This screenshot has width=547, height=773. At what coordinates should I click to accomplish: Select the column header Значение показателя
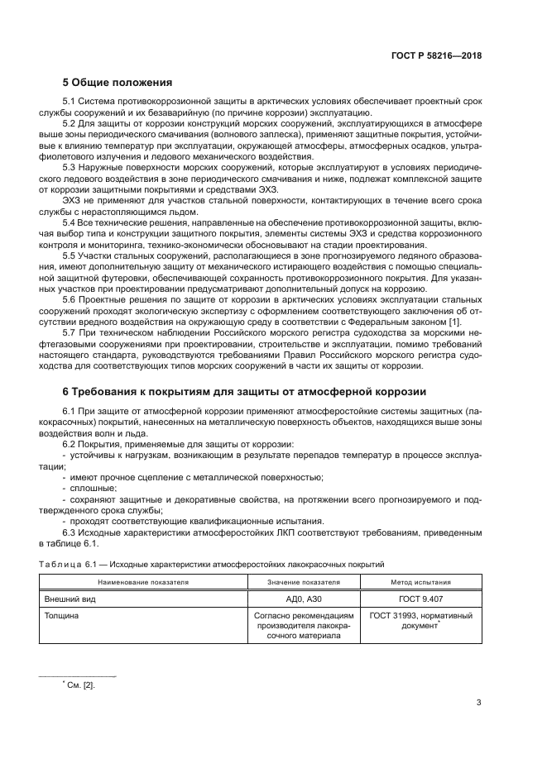coord(305,582)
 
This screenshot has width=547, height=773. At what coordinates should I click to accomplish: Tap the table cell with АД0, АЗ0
coord(305,598)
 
